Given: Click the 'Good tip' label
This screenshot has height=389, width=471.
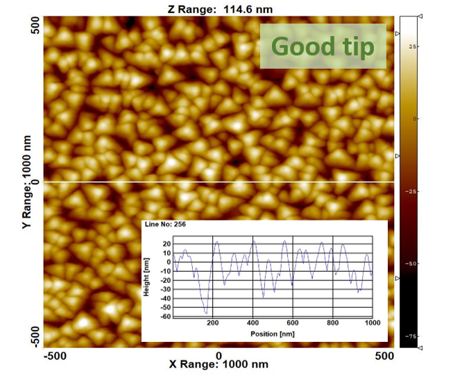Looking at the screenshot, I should click(x=323, y=46).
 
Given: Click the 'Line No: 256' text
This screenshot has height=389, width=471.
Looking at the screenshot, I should click(x=165, y=225).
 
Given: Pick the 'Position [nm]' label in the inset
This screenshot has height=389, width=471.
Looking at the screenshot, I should click(x=273, y=334).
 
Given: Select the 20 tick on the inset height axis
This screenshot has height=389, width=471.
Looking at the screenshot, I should click(x=166, y=244).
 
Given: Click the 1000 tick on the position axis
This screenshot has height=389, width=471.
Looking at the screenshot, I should click(x=372, y=323).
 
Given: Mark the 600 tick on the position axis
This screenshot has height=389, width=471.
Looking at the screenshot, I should click(x=293, y=323).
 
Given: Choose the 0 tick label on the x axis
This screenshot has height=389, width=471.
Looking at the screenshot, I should click(x=219, y=356).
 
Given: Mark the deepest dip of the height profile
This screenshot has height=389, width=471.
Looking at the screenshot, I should click(x=206, y=313).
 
